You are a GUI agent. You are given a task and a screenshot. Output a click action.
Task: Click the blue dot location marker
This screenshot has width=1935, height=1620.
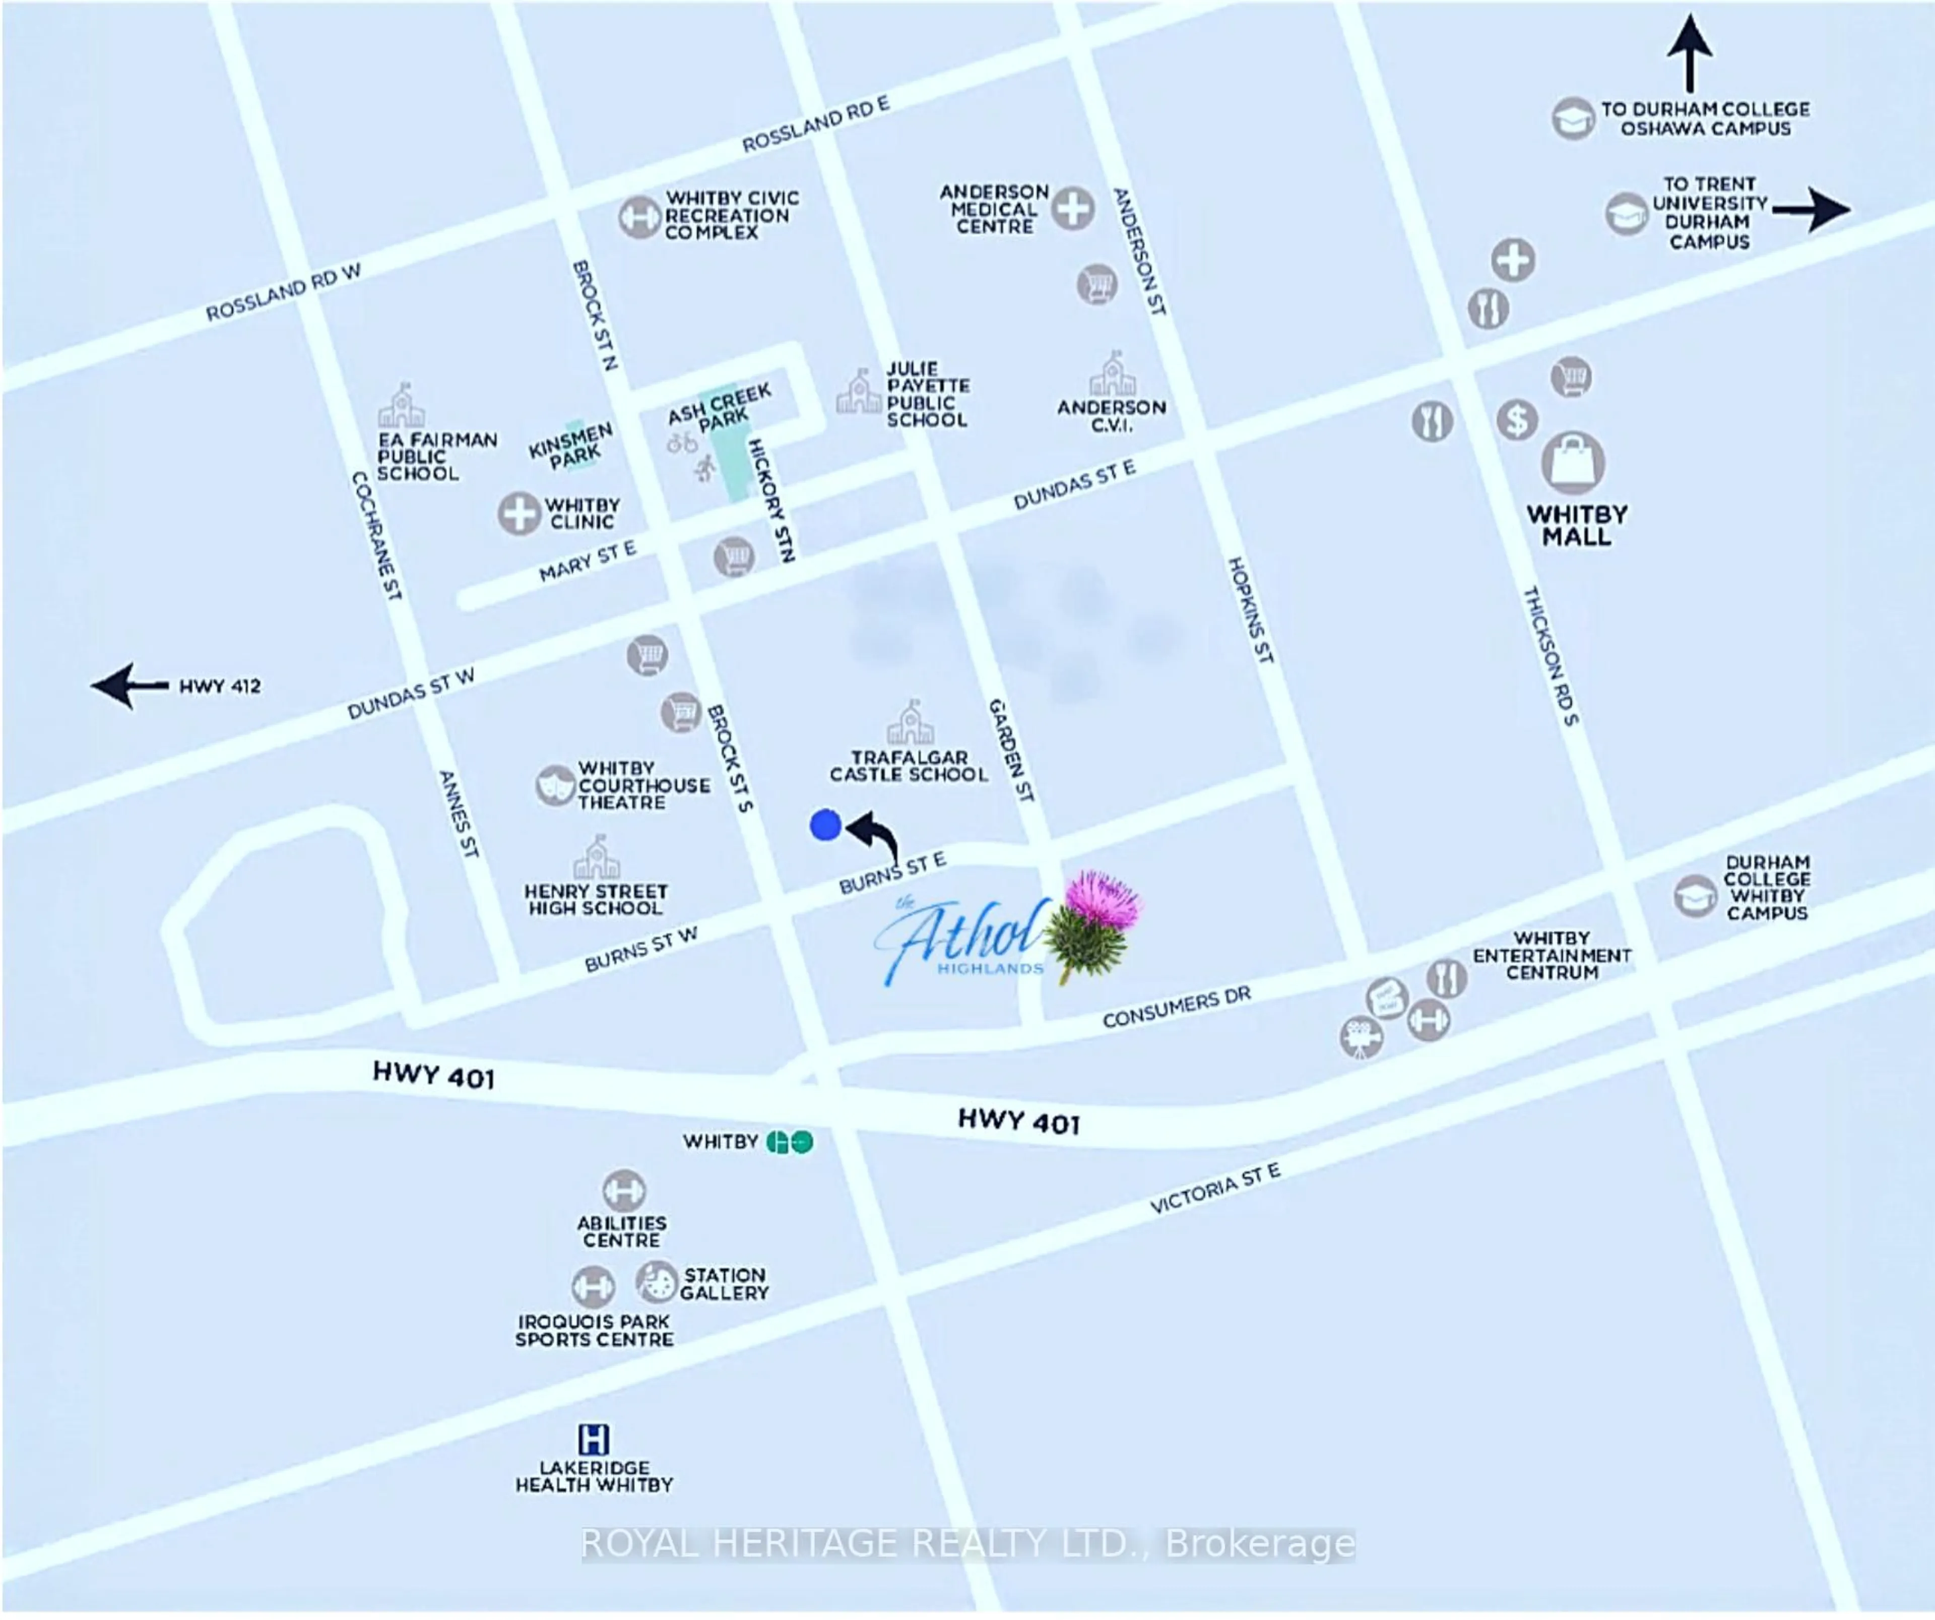[825, 825]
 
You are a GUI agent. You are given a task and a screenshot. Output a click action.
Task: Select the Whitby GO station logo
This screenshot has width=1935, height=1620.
[790, 1143]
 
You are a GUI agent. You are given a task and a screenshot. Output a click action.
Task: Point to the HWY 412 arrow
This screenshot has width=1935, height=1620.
[129, 686]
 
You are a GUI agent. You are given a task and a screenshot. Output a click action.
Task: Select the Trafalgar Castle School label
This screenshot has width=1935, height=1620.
[909, 766]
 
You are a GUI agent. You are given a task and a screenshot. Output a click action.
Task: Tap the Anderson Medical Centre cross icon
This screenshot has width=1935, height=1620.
[1072, 208]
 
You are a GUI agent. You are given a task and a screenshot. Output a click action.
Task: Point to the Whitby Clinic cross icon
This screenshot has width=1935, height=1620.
[519, 513]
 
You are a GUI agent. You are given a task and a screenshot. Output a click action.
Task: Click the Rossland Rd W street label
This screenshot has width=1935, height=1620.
[282, 293]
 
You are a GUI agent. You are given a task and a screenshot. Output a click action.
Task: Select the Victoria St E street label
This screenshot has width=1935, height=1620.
[1214, 1189]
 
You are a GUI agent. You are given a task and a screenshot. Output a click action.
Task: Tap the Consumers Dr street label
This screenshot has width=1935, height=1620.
[1177, 1007]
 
